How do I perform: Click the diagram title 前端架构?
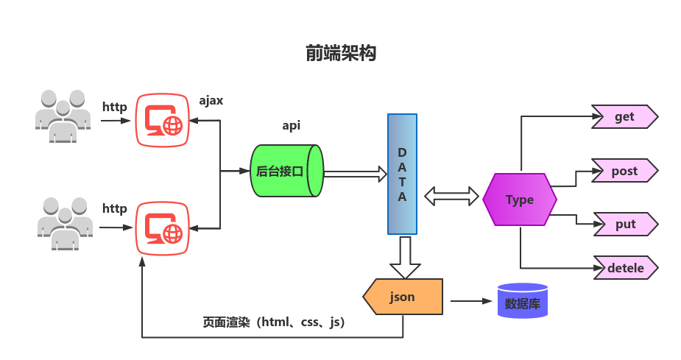(x=340, y=54)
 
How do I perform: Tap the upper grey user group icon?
(x=63, y=116)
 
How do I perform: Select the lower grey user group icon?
(x=65, y=223)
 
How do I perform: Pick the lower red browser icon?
(x=162, y=228)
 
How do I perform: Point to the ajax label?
(x=211, y=100)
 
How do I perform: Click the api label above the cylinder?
(x=292, y=125)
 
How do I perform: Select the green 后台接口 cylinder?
(x=286, y=171)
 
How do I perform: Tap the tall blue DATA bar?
(x=402, y=174)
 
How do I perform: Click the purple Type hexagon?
(x=520, y=200)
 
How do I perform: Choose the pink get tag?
(x=624, y=116)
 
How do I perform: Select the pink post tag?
(x=624, y=171)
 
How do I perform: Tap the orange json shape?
(x=403, y=297)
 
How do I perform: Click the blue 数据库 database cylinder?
(x=522, y=301)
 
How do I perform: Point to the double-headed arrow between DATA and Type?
(x=451, y=196)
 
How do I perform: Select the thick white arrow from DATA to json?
(x=404, y=255)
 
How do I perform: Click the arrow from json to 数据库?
(x=471, y=301)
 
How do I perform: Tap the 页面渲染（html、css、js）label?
(x=274, y=322)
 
